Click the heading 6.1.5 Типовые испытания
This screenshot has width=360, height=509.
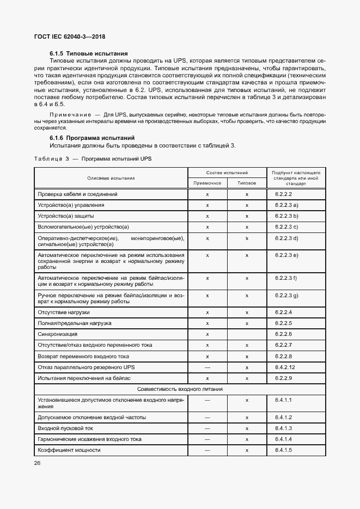tap(89, 53)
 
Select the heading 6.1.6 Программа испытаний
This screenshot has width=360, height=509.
tap(92, 138)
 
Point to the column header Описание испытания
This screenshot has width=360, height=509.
tap(111, 178)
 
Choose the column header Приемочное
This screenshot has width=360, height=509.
tap(208, 183)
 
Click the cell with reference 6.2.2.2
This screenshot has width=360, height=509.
tap(284, 194)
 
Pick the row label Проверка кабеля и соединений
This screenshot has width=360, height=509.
tap(77, 194)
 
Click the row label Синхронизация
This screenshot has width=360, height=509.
tap(57, 334)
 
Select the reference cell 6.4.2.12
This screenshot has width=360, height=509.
tap(285, 367)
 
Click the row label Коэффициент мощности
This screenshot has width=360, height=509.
tap(69, 450)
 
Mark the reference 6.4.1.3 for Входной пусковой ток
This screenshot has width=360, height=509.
tap(284, 428)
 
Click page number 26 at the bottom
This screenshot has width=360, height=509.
tap(38, 463)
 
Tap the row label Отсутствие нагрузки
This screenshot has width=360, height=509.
tap(64, 312)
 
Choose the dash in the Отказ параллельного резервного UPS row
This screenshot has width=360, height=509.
tap(208, 367)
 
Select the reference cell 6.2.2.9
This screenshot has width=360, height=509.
tap(284, 378)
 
